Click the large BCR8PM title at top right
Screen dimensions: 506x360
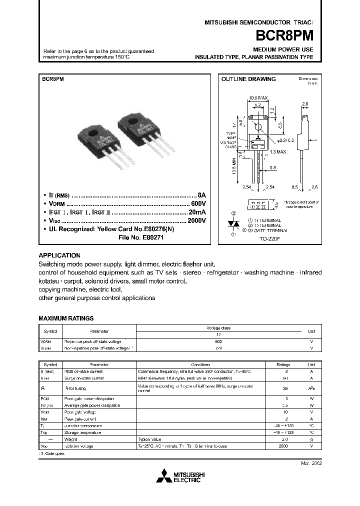click(287, 36)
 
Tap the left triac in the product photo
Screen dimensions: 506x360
click(101, 140)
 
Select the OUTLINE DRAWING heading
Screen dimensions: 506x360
click(248, 79)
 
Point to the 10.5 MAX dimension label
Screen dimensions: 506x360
click(258, 97)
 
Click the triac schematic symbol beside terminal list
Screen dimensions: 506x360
click(232, 224)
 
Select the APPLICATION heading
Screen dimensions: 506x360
click(59, 255)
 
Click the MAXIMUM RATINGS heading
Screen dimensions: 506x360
click(66, 318)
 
